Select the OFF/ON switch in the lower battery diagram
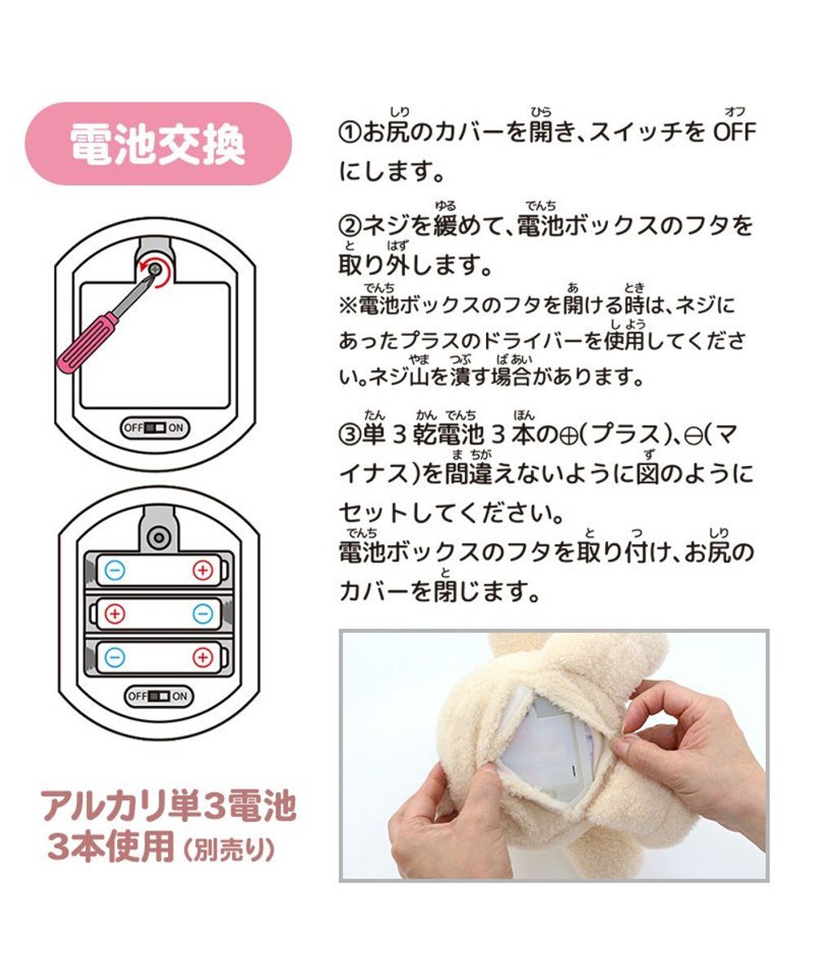(158, 696)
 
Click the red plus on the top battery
(202, 571)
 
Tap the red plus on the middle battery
(115, 614)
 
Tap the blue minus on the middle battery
(202, 614)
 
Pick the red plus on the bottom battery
(202, 657)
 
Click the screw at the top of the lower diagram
(158, 535)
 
